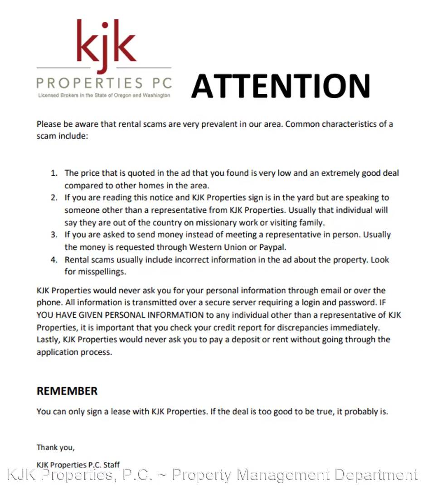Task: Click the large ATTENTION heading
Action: click(x=281, y=86)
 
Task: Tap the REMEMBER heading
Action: click(x=67, y=391)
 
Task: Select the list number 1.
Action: click(x=54, y=173)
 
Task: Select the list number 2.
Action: click(x=54, y=198)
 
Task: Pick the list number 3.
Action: click(x=54, y=235)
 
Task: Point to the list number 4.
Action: click(x=54, y=260)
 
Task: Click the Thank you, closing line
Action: click(x=56, y=448)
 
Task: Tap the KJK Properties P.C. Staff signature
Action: click(x=78, y=465)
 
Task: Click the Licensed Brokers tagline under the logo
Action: click(x=104, y=96)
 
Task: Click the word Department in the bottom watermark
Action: click(x=373, y=475)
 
